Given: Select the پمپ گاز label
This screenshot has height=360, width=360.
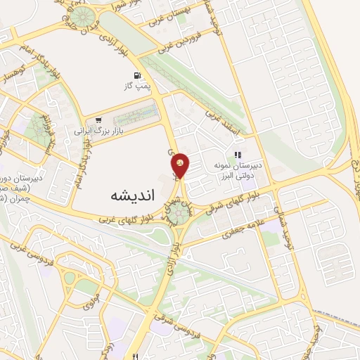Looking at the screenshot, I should tap(139, 86).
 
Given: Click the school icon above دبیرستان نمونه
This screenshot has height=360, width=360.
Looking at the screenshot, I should tap(238, 155).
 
